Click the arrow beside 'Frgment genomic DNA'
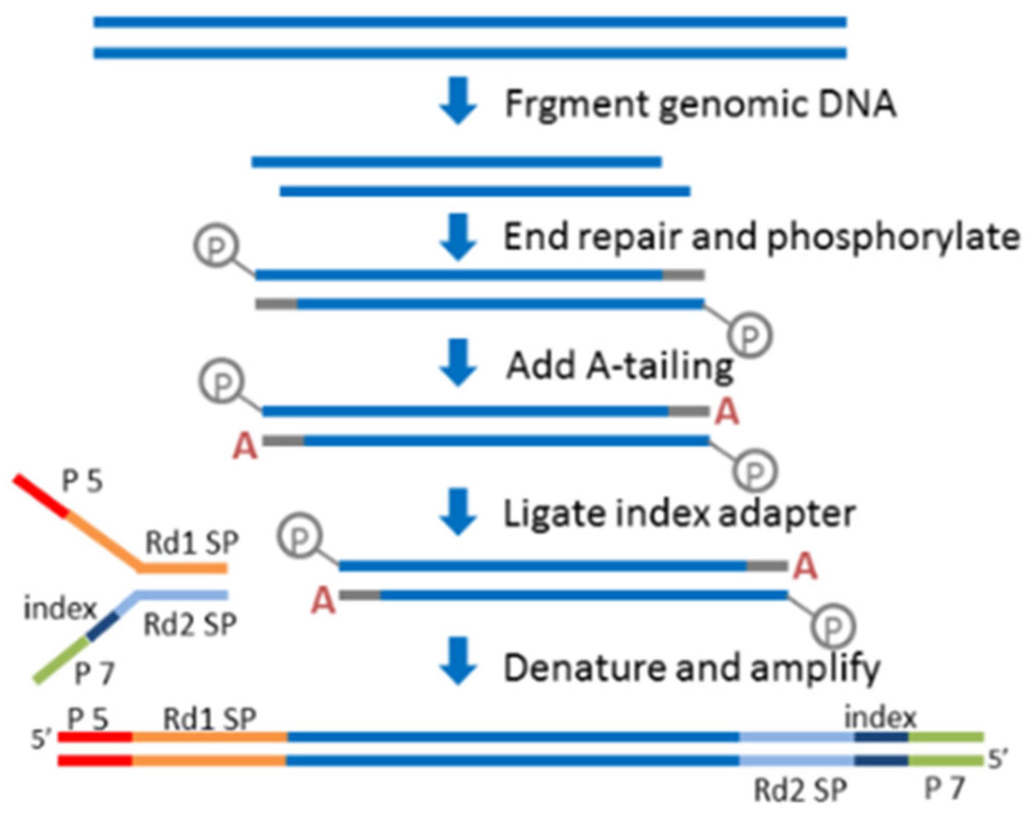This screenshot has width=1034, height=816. [458, 101]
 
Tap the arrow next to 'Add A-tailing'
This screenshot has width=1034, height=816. [458, 363]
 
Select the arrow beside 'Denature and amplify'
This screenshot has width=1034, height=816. [458, 661]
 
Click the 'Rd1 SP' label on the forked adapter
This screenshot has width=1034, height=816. [192, 542]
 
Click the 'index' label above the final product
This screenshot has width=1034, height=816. [881, 718]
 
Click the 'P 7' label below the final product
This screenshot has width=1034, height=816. [945, 789]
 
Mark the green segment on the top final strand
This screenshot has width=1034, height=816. [946, 737]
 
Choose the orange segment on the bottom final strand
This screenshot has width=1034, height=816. [209, 760]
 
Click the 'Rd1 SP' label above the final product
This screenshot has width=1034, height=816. [210, 719]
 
